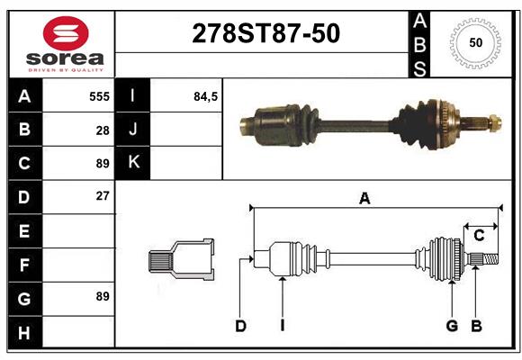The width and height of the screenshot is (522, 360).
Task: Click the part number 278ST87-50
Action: (x=266, y=33)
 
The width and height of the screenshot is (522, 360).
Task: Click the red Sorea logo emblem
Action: (x=66, y=33)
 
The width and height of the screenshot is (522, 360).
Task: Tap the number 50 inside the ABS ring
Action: (x=476, y=42)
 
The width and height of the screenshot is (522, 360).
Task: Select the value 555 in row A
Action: (x=99, y=96)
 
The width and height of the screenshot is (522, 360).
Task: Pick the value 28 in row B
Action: (x=103, y=130)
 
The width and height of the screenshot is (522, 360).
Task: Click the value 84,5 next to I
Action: (x=205, y=96)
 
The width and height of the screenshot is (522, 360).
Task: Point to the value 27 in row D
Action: (x=103, y=196)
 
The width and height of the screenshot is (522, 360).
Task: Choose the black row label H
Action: (x=25, y=332)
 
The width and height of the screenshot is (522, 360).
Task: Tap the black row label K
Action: (x=133, y=163)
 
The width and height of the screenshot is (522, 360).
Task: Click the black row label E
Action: (x=25, y=230)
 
